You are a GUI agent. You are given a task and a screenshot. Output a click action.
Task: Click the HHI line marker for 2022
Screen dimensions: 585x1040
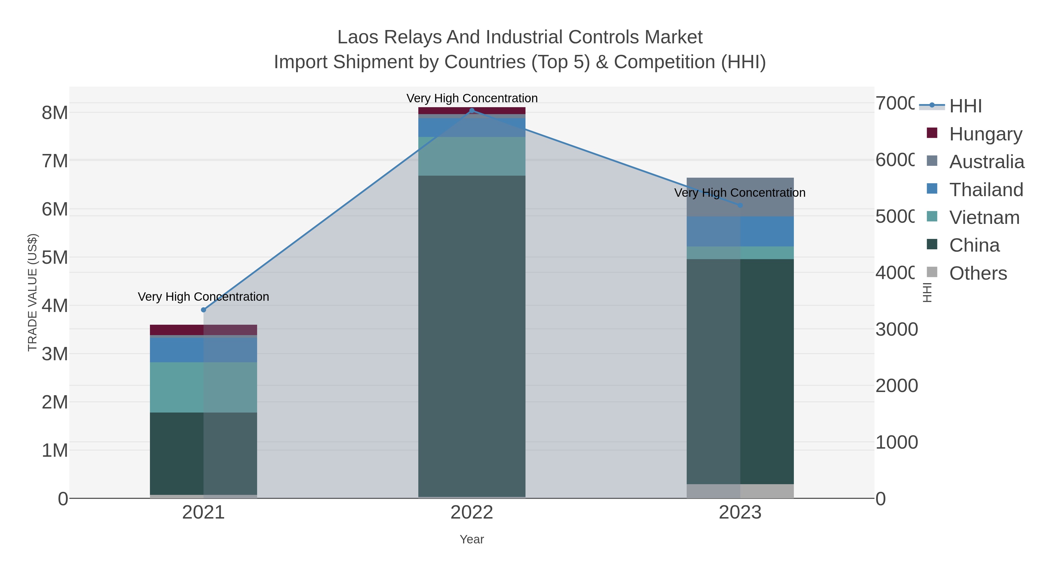click(471, 111)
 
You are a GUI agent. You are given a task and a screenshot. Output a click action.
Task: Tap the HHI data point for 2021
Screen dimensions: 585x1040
click(203, 310)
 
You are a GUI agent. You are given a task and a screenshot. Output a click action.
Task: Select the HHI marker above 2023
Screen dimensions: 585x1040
click(740, 205)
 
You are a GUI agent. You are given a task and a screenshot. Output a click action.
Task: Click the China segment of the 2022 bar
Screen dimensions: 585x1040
click(471, 335)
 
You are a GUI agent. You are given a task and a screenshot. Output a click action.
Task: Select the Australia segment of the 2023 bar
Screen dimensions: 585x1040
click(740, 197)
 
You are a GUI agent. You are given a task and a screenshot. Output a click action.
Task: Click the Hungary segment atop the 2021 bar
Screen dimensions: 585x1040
click(203, 329)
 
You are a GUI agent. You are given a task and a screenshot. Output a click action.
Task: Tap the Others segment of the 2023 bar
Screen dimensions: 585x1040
click(740, 491)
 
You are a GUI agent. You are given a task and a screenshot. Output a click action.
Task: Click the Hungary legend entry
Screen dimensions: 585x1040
click(985, 134)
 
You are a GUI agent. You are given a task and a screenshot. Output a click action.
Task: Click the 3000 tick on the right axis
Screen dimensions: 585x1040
click(896, 329)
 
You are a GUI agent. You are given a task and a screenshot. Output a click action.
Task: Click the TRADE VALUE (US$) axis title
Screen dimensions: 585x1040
click(32, 292)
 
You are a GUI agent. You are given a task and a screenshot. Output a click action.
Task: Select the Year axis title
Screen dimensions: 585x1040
click(471, 539)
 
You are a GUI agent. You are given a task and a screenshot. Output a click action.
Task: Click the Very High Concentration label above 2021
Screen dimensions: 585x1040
click(203, 297)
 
